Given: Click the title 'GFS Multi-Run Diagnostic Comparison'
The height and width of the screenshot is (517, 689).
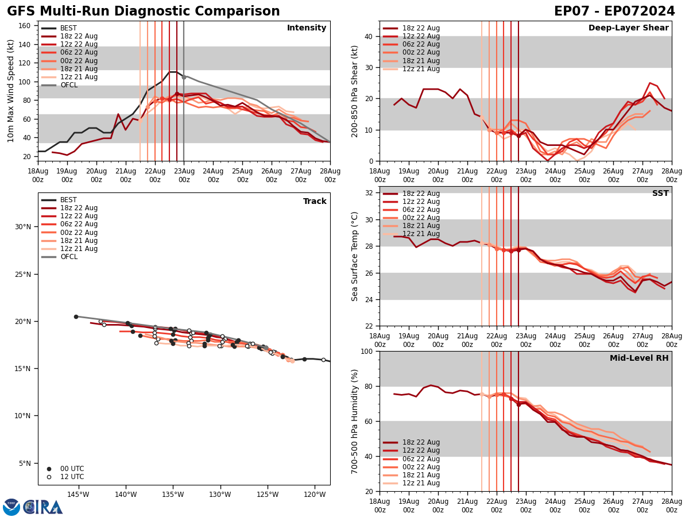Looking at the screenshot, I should pos(144,11).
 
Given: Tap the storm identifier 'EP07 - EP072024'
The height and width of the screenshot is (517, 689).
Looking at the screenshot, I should pos(614,11).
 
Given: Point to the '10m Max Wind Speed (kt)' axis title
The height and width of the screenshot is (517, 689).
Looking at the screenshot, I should pos(11,91).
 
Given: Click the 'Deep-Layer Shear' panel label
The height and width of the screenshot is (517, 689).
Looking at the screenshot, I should pos(628,28).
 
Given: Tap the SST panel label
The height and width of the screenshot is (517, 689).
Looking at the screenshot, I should pos(660,194).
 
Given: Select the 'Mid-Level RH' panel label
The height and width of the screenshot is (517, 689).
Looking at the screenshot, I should pos(639,358).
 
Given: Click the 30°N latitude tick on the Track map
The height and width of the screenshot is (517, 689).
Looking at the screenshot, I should pos(23,226).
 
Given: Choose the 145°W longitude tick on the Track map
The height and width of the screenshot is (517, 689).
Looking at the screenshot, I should pos(78,494).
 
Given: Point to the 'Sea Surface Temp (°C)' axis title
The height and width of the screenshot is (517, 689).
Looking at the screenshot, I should pos(355,256).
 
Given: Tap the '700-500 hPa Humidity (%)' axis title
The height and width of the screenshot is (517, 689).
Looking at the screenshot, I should pos(355,421).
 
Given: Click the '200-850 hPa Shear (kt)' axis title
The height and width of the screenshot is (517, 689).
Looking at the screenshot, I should pos(355,91).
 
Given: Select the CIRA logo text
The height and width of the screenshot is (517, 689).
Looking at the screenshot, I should pos(43,507).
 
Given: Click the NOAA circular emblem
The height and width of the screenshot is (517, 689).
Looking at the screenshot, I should pos(11,507).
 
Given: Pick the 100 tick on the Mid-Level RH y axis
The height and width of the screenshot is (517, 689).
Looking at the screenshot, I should pos(367,351).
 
